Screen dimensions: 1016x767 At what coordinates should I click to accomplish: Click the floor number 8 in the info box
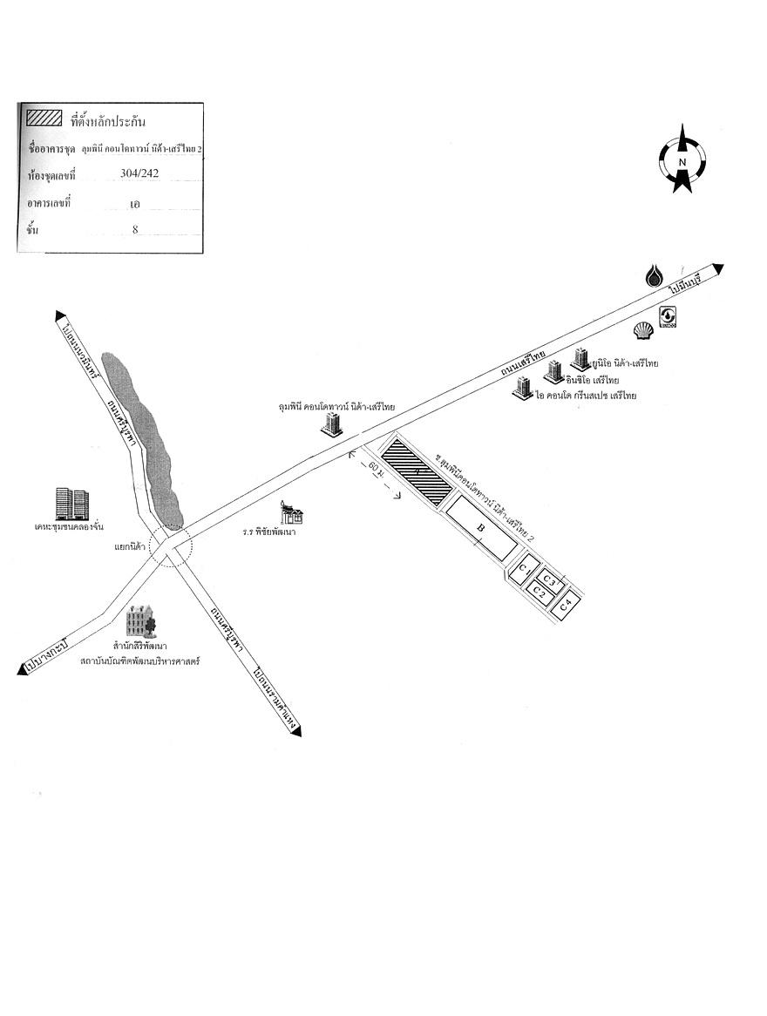[x=135, y=229]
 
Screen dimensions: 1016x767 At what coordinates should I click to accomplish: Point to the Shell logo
[x=642, y=330]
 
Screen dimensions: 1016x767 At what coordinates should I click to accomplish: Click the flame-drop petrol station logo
[x=655, y=276]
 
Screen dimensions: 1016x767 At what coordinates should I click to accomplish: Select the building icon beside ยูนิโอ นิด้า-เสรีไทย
[x=580, y=358]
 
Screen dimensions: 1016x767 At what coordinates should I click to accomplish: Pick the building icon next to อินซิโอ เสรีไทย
[x=552, y=371]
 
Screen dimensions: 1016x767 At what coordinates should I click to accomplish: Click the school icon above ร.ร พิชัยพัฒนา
[x=291, y=513]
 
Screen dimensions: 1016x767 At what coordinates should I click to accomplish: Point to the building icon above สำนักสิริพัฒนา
[x=139, y=622]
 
